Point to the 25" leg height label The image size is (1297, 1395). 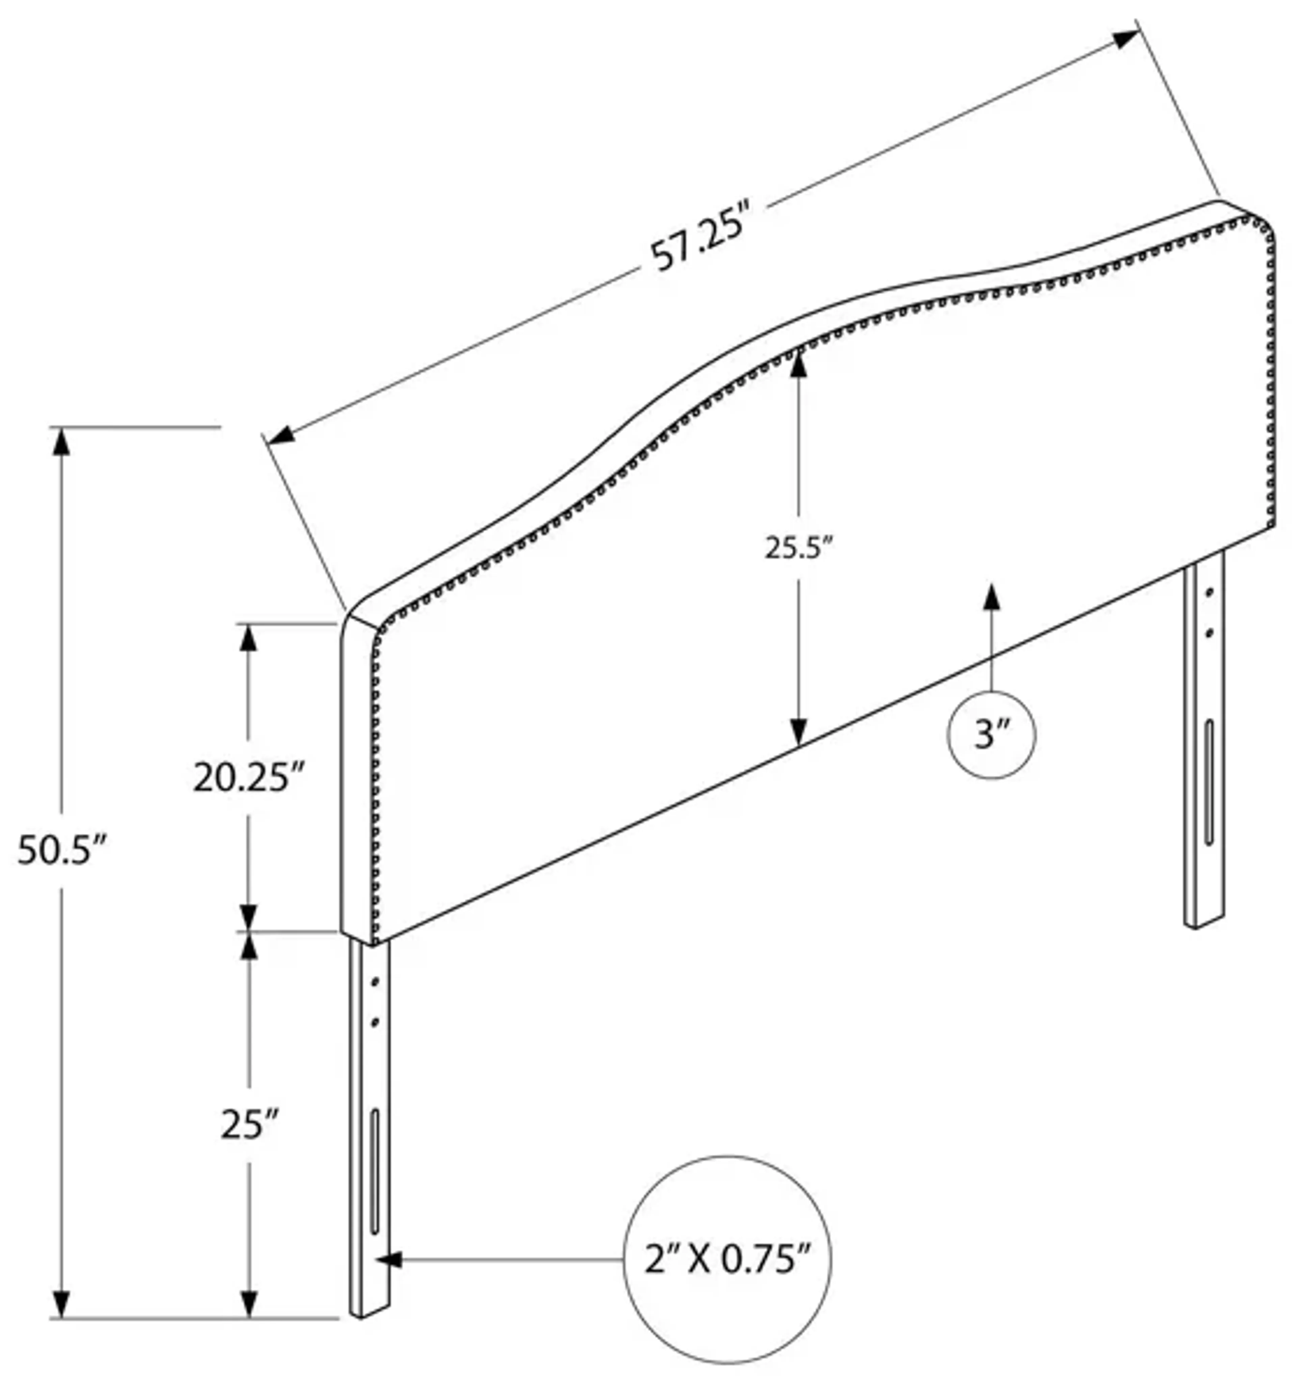(249, 1124)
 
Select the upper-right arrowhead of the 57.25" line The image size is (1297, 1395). (1124, 39)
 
